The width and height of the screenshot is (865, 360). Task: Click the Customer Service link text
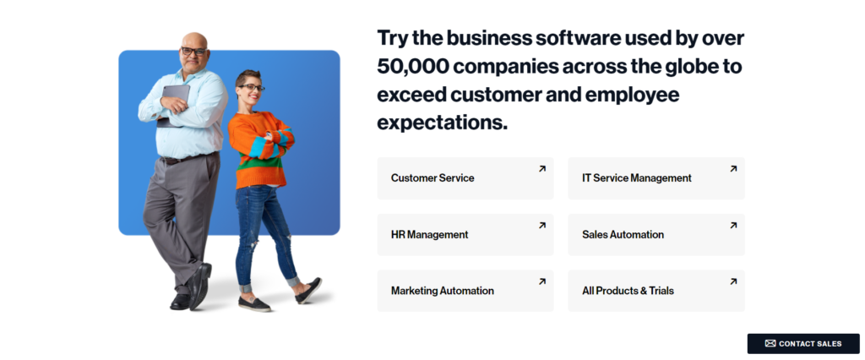[432, 177]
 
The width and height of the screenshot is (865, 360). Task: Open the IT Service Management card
[656, 178]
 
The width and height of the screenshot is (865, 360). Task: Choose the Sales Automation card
[656, 235]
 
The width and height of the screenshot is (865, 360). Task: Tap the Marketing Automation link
[443, 291]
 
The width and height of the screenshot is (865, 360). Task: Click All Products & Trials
[628, 291]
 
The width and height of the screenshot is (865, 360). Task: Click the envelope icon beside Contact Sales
[770, 343]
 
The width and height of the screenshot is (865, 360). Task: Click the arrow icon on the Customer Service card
[542, 169]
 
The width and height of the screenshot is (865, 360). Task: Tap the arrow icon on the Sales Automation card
[733, 226]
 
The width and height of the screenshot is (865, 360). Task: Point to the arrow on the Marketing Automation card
[542, 281]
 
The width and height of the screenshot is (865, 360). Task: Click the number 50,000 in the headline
[412, 67]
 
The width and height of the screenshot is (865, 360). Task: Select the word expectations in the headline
[442, 123]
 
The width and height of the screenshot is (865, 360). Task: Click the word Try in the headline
[392, 39]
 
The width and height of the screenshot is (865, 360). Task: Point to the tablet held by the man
[173, 105]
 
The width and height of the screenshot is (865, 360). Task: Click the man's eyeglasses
[193, 52]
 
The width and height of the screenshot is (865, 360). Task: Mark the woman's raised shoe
[308, 291]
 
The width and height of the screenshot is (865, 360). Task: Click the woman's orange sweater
[261, 149]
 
